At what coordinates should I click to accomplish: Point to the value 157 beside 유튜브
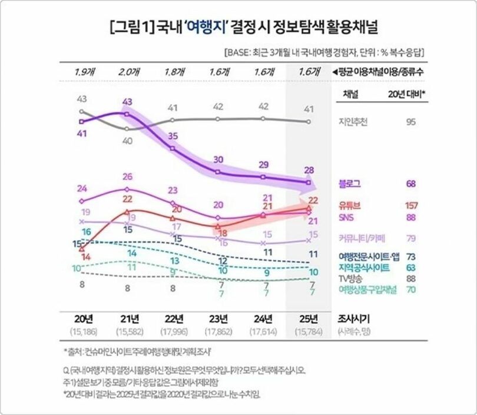[412, 206]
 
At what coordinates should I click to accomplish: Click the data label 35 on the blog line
[173, 136]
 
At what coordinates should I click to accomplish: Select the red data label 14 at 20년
[85, 257]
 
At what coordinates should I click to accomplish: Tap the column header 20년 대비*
[409, 94]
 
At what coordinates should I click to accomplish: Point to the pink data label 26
[127, 177]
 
